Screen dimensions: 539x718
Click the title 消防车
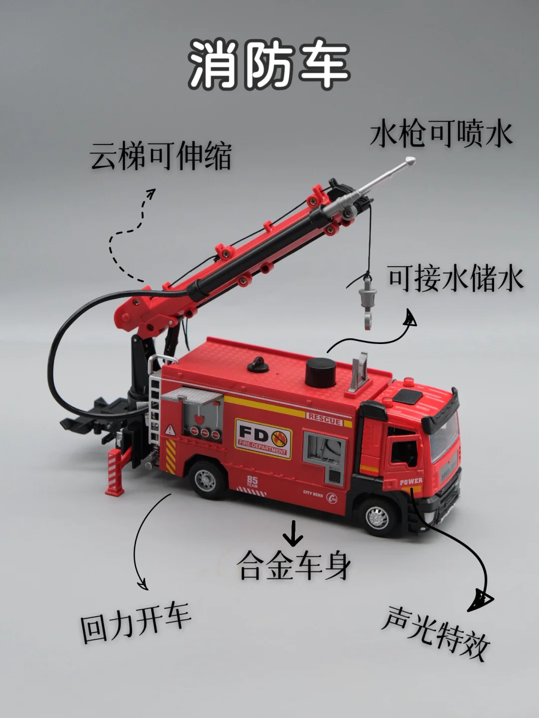[x=269, y=65]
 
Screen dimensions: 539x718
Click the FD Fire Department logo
[x=263, y=439]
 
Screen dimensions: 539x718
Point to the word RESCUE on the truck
[x=324, y=419]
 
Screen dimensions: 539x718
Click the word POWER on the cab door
[x=411, y=481]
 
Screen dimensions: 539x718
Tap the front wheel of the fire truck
[x=378, y=518]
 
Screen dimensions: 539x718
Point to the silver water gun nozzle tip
[x=410, y=161]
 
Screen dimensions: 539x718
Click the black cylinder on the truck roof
[x=321, y=372]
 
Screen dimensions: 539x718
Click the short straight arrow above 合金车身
[x=293, y=533]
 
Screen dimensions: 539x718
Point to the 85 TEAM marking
[x=253, y=482]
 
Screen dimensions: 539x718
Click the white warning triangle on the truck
[x=170, y=430]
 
